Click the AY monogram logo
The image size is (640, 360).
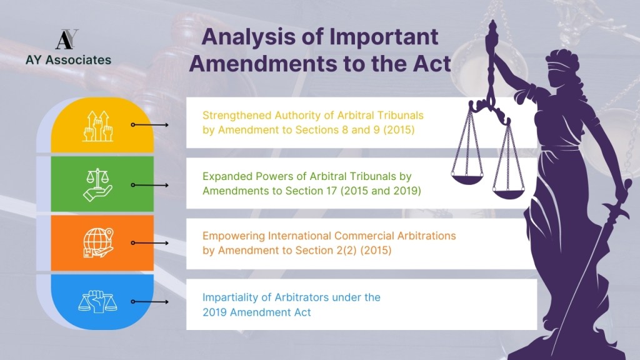pyautogui.click(x=67, y=39)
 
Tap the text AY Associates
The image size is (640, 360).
pyautogui.click(x=68, y=60)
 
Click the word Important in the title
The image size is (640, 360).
pyautogui.click(x=384, y=37)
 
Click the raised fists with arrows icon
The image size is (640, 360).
pyautogui.click(x=97, y=126)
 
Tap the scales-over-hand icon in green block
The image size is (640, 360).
pyautogui.click(x=97, y=185)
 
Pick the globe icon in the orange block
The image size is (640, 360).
pyautogui.click(x=98, y=243)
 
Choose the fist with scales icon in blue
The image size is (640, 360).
pyautogui.click(x=97, y=302)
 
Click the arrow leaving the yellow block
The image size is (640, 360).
pyautogui.click(x=150, y=124)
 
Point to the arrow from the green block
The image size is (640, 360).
pyautogui.click(x=150, y=185)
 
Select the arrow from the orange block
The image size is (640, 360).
pyautogui.click(x=150, y=243)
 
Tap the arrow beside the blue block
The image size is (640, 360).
pyautogui.click(x=150, y=302)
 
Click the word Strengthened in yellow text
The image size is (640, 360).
pyautogui.click(x=237, y=116)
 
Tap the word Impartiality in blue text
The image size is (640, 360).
pyautogui.click(x=230, y=297)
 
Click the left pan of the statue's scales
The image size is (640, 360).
pyautogui.click(x=467, y=178)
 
